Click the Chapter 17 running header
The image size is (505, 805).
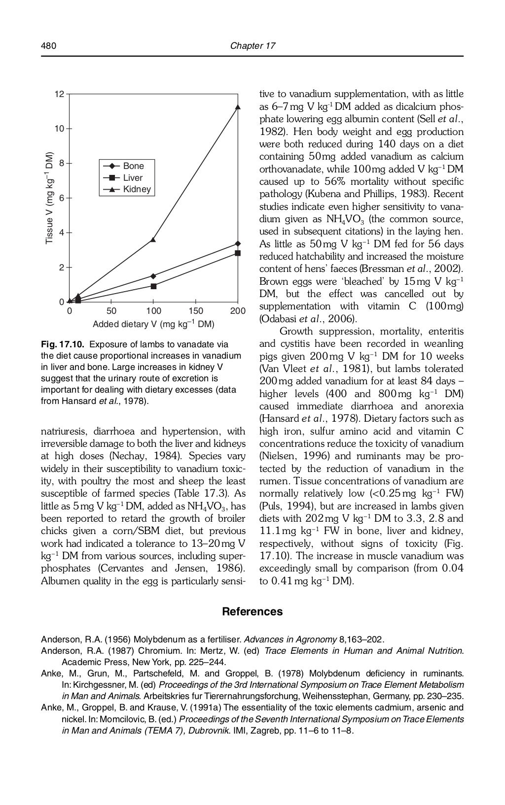pos(252,46)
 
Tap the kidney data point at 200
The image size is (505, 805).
pos(238,107)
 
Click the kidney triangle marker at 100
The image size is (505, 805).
pos(153,239)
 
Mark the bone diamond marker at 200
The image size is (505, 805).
pos(238,243)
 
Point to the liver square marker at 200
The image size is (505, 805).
pos(238,253)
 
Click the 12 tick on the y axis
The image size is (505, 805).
pos(59,94)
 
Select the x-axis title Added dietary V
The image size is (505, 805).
pos(153,324)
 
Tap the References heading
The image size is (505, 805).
pos(252,612)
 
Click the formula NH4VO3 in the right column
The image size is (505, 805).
pos(345,219)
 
